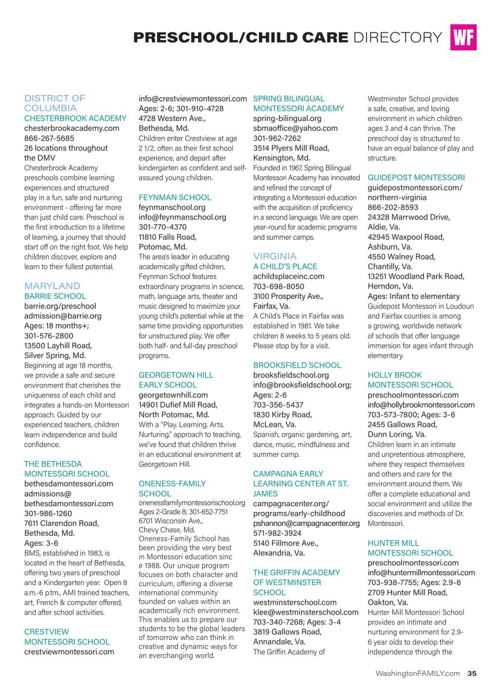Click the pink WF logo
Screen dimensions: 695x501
(x=463, y=38)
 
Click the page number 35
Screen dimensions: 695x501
(x=472, y=673)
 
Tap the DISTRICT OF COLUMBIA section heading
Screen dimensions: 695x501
(x=54, y=103)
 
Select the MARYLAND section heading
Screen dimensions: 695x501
(x=52, y=286)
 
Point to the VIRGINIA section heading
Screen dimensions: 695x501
(x=275, y=256)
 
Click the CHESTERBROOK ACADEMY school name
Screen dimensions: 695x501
(x=75, y=118)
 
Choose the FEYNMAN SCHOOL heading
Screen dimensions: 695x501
(x=175, y=197)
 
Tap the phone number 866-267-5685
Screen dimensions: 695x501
(x=49, y=138)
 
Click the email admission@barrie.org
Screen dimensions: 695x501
(x=63, y=316)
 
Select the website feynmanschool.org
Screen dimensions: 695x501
(x=172, y=207)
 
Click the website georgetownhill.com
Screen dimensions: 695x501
(x=173, y=395)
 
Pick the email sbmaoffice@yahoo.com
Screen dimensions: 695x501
(x=295, y=128)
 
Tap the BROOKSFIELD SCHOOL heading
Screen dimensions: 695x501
(x=297, y=365)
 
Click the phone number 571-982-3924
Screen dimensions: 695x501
(x=278, y=533)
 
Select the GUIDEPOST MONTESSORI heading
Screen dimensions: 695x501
(x=416, y=177)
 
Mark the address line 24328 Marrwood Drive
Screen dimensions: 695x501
(x=408, y=217)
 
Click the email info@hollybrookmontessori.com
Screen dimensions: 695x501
(x=421, y=405)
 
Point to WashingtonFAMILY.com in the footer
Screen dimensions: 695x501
(x=418, y=673)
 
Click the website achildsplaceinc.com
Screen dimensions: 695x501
(x=289, y=276)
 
